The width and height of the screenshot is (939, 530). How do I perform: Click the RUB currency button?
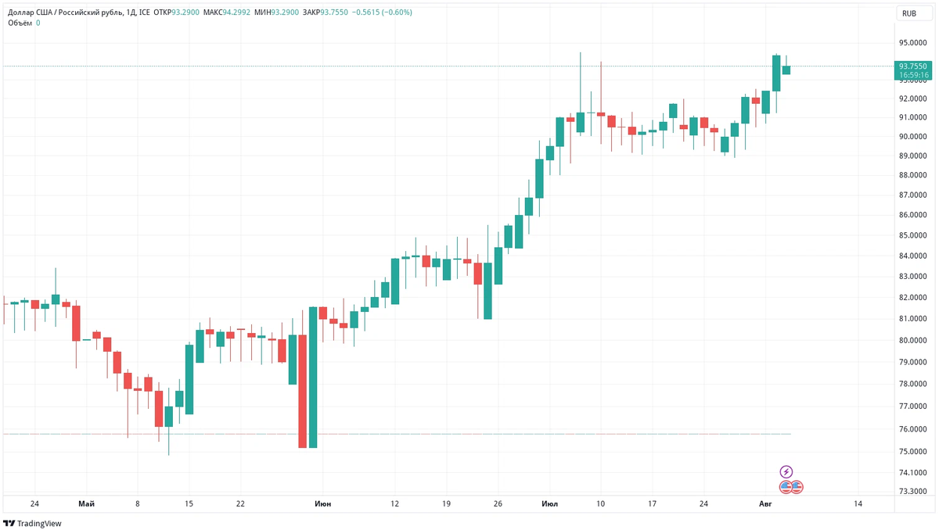pos(908,13)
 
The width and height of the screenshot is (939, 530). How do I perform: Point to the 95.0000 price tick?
pos(912,43)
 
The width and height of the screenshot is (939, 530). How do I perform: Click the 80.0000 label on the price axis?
pos(912,341)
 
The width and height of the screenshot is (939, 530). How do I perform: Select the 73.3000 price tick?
pos(912,492)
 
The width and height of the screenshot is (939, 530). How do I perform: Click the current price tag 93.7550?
pos(912,66)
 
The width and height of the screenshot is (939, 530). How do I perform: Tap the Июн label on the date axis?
pos(322,504)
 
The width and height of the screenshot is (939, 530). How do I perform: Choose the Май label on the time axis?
pos(86,504)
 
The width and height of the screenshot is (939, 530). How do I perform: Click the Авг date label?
pos(765,504)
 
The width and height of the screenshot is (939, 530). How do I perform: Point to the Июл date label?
pos(549,504)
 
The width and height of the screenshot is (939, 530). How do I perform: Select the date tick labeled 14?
pos(858,504)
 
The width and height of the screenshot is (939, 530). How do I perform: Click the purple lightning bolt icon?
pos(786,471)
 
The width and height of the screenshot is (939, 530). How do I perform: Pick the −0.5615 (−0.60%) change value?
pos(383,13)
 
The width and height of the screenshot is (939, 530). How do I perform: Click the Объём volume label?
pos(20,23)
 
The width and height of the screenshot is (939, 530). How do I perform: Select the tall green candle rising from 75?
pos(313,377)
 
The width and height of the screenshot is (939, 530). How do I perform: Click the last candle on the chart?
pos(786,70)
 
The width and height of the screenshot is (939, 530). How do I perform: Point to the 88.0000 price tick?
pos(912,175)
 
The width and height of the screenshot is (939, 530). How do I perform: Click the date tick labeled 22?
pos(240,504)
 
